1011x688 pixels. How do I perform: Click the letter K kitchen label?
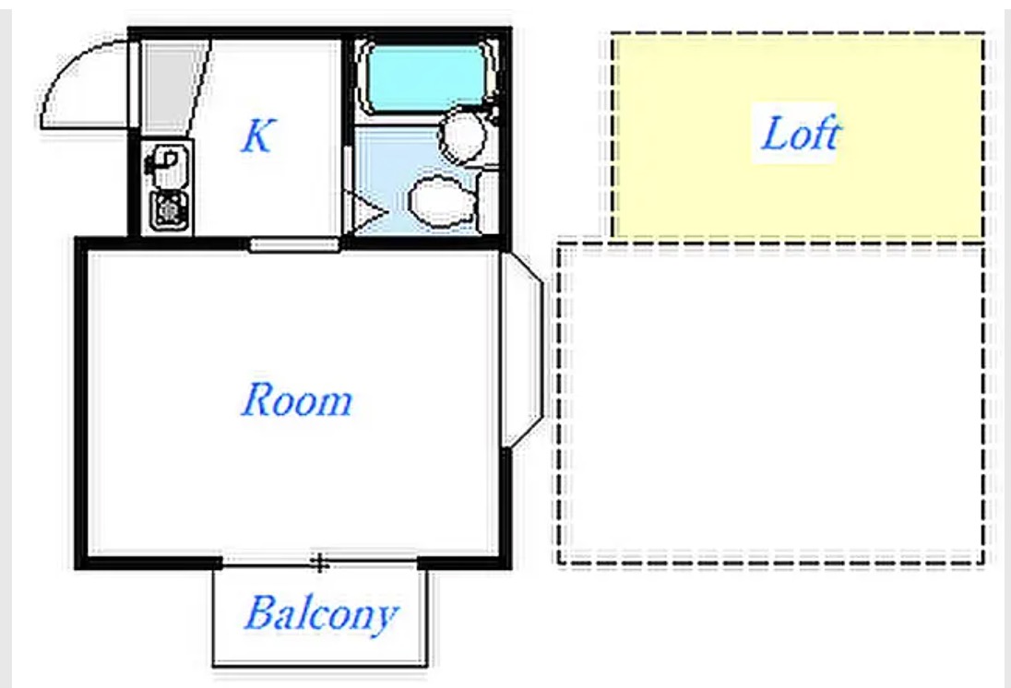[x=257, y=136]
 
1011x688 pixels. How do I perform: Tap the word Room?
[x=297, y=399]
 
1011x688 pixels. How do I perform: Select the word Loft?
[x=800, y=133]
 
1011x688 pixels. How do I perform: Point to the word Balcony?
[x=320, y=613]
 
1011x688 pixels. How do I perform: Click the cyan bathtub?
[x=425, y=77]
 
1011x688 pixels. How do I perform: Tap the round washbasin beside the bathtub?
[x=462, y=135]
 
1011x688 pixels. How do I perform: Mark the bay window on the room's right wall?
[x=522, y=349]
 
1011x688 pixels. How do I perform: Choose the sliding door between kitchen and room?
[x=294, y=244]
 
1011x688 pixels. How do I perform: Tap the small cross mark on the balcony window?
[x=319, y=563]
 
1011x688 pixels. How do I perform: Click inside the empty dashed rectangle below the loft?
[x=771, y=404]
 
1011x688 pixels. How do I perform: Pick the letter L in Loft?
[x=776, y=133]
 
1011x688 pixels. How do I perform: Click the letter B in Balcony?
[x=259, y=611]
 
